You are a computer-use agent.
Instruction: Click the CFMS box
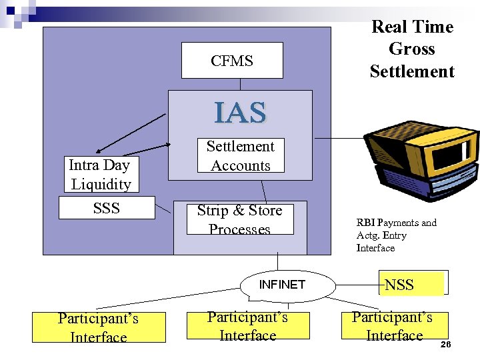click(232, 61)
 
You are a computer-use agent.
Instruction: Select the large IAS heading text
click(240, 113)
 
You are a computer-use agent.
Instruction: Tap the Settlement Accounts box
click(240, 155)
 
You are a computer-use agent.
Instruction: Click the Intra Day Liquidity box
click(100, 175)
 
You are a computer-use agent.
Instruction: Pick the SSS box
click(107, 208)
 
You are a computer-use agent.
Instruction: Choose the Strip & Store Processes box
click(239, 219)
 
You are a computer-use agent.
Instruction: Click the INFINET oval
click(282, 285)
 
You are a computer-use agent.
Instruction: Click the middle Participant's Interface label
click(247, 326)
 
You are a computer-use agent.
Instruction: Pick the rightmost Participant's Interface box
click(394, 325)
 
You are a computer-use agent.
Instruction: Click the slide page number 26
click(446, 344)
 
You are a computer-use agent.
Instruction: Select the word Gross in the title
click(411, 49)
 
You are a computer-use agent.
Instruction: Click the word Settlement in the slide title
click(411, 71)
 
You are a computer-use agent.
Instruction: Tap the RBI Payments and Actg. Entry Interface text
click(396, 235)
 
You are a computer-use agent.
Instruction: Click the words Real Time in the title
click(411, 27)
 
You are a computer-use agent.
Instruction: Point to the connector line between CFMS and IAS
click(241, 84)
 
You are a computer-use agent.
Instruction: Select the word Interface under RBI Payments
click(375, 248)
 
